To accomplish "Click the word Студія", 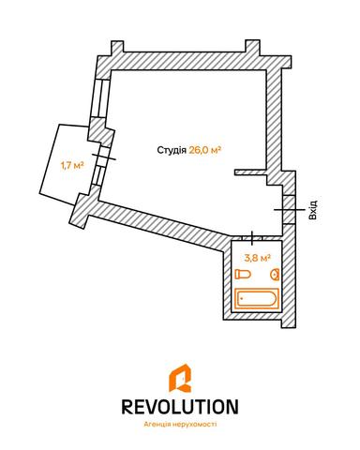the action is (171, 150).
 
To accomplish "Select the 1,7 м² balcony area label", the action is (71, 166).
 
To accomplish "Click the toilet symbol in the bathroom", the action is (244, 274).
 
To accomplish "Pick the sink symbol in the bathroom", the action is (276, 274).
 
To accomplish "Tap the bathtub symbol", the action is (257, 299).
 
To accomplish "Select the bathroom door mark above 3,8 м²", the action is (253, 238).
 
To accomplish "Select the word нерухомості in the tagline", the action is (200, 424).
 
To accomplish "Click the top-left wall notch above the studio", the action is (114, 49).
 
